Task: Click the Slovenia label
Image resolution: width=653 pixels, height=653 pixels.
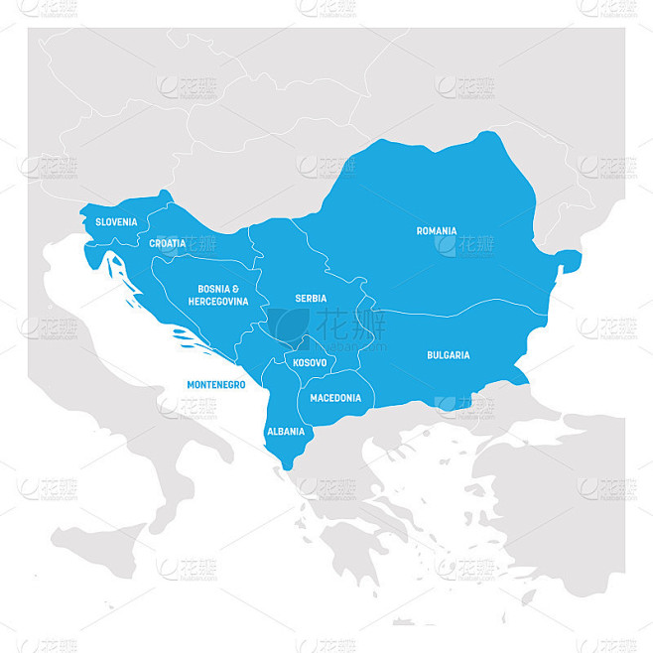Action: click(117, 222)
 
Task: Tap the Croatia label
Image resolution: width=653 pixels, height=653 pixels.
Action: click(167, 243)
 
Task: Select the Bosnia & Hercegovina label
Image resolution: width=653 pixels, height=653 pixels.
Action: click(217, 294)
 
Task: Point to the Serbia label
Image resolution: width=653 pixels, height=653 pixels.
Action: click(310, 298)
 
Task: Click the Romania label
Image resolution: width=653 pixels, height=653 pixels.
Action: click(437, 230)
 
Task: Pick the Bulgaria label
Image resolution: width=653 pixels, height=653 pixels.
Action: click(449, 354)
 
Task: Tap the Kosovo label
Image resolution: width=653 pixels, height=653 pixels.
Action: click(310, 363)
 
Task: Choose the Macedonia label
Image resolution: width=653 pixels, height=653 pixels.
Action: click(335, 398)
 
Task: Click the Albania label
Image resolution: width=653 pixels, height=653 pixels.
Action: click(286, 432)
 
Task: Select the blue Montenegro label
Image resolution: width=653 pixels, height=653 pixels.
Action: click(216, 384)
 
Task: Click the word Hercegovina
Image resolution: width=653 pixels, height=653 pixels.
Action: click(217, 301)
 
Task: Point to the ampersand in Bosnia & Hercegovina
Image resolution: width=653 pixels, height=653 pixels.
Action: click(235, 289)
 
